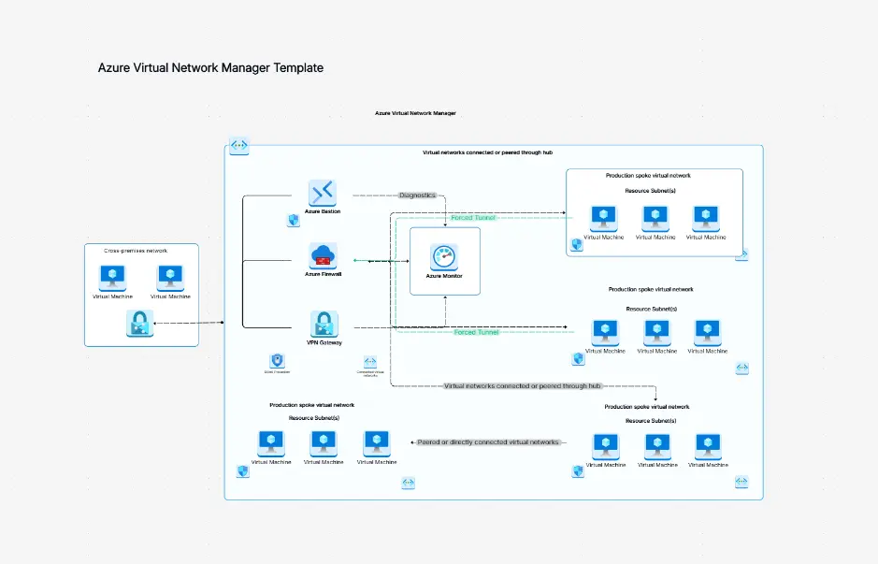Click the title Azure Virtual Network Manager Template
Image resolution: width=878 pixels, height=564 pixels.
click(210, 67)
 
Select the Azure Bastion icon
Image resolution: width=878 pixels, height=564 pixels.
click(323, 193)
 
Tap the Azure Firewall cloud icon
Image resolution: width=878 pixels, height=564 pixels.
click(324, 255)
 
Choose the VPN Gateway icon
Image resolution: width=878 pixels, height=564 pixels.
click(324, 324)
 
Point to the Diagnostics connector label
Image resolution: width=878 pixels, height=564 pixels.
click(417, 195)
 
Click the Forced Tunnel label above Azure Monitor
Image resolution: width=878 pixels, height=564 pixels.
click(473, 218)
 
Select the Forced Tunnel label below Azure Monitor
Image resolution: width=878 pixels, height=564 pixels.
click(476, 332)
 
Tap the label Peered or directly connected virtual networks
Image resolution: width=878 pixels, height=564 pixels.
click(488, 442)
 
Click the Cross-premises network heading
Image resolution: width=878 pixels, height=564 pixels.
click(137, 251)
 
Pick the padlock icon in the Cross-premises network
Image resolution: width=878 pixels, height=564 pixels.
click(139, 324)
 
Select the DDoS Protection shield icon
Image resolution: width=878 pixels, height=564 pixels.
click(277, 360)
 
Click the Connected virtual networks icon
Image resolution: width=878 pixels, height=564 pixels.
click(370, 361)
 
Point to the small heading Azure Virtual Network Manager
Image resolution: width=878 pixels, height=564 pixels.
click(415, 113)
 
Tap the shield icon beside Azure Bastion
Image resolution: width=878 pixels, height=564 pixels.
click(293, 220)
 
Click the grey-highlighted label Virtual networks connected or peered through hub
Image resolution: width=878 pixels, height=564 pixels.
click(522, 385)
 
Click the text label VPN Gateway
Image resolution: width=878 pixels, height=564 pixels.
click(324, 343)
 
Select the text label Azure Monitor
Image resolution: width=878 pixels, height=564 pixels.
click(444, 277)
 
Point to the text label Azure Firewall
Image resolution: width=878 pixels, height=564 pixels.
click(324, 275)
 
